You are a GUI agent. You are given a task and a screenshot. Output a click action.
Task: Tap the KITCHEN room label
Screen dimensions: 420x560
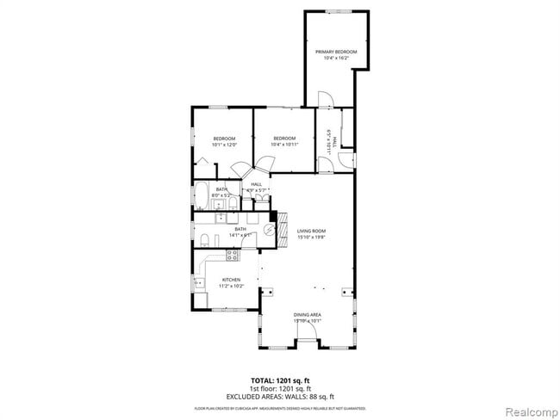(231, 280)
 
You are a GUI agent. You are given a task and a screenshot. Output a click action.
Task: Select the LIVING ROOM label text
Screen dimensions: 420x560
(310, 231)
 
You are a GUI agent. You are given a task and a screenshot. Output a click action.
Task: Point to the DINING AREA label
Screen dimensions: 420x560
(307, 315)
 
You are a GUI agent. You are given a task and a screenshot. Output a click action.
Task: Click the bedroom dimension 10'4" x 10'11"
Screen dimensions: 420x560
(283, 145)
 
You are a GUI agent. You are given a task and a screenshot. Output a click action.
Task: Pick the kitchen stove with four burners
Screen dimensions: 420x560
(231, 255)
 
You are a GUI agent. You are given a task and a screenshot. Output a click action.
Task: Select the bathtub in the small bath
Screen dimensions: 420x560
(201, 193)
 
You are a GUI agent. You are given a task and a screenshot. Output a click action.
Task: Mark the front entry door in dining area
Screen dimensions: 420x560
(308, 339)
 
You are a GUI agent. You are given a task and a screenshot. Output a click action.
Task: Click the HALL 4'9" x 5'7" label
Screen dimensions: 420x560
(257, 187)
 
